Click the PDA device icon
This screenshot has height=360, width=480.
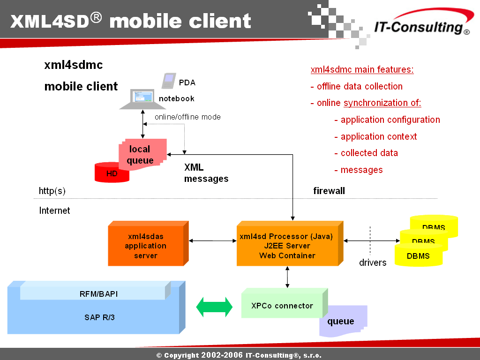[169, 81]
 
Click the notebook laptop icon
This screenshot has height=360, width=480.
[142, 99]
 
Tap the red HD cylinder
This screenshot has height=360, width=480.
[112, 172]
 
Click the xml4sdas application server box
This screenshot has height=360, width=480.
[148, 243]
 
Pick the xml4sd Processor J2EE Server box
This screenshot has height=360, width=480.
[290, 243]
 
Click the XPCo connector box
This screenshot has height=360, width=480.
[285, 303]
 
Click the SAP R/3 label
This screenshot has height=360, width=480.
[99, 317]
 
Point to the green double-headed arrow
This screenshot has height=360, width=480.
[214, 307]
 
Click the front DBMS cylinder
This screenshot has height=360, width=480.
[419, 255]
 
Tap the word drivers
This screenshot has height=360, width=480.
[373, 262]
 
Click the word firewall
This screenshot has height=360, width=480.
[329, 191]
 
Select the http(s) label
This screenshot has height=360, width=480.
[52, 191]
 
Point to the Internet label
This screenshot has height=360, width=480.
[54, 210]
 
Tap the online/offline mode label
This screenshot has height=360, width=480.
[187, 117]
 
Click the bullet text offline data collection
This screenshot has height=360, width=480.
[360, 86]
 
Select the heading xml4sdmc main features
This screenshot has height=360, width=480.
[362, 69]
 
